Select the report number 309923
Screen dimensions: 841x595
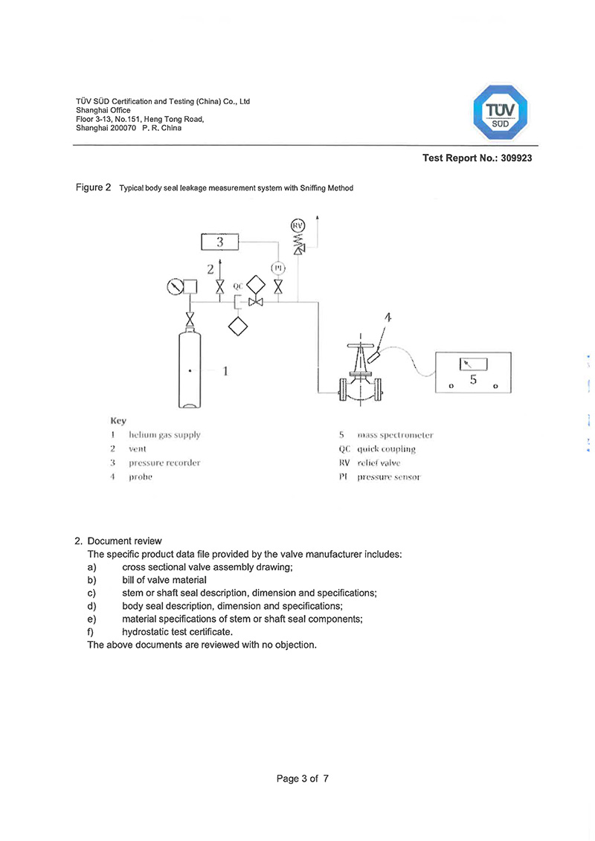click(516, 158)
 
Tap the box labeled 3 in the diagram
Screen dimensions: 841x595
click(220, 242)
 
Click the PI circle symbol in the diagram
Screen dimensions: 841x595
click(277, 268)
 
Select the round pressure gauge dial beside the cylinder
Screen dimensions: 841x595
click(176, 285)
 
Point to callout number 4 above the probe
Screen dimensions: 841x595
click(387, 318)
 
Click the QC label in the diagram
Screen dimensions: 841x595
click(237, 286)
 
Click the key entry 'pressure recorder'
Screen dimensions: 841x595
click(164, 463)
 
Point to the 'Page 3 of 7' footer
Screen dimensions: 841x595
click(302, 779)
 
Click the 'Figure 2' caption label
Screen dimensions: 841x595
click(94, 187)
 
